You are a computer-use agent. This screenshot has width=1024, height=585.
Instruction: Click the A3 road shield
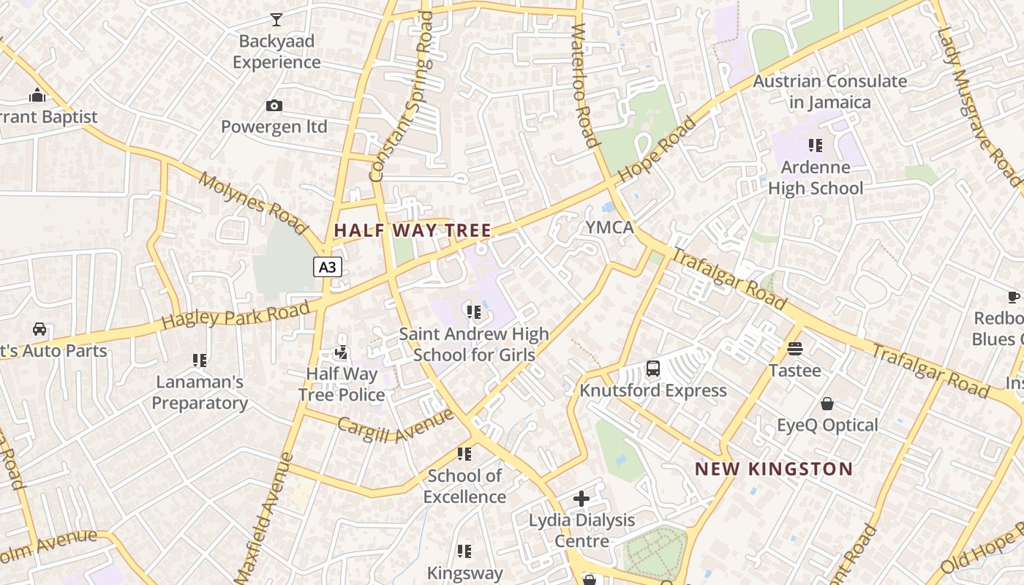click(328, 267)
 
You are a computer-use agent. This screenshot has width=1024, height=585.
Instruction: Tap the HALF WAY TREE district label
click(413, 230)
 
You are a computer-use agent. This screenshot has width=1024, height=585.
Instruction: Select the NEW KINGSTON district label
click(773, 469)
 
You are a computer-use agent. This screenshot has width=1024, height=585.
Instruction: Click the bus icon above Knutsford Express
click(653, 369)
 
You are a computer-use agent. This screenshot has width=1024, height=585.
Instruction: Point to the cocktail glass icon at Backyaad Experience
click(276, 20)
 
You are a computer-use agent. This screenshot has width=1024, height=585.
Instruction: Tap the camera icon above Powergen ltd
click(274, 106)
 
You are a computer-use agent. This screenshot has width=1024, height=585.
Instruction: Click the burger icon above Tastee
click(795, 350)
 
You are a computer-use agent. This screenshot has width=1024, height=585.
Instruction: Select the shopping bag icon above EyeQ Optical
click(827, 404)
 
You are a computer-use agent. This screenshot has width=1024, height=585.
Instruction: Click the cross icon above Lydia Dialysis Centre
click(581, 499)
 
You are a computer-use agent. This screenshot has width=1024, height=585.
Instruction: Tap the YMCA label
click(609, 227)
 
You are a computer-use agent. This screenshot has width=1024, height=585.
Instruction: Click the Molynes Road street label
click(252, 204)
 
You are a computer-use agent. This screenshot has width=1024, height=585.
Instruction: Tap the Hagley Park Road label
click(236, 316)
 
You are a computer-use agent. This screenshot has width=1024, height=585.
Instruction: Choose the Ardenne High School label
click(816, 178)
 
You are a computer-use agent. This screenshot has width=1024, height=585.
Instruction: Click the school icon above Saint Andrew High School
click(473, 313)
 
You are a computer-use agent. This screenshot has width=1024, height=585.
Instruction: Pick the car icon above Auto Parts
click(39, 329)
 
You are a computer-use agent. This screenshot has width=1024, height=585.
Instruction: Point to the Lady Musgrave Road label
click(978, 95)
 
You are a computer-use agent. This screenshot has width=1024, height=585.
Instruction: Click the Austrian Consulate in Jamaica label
click(830, 91)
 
